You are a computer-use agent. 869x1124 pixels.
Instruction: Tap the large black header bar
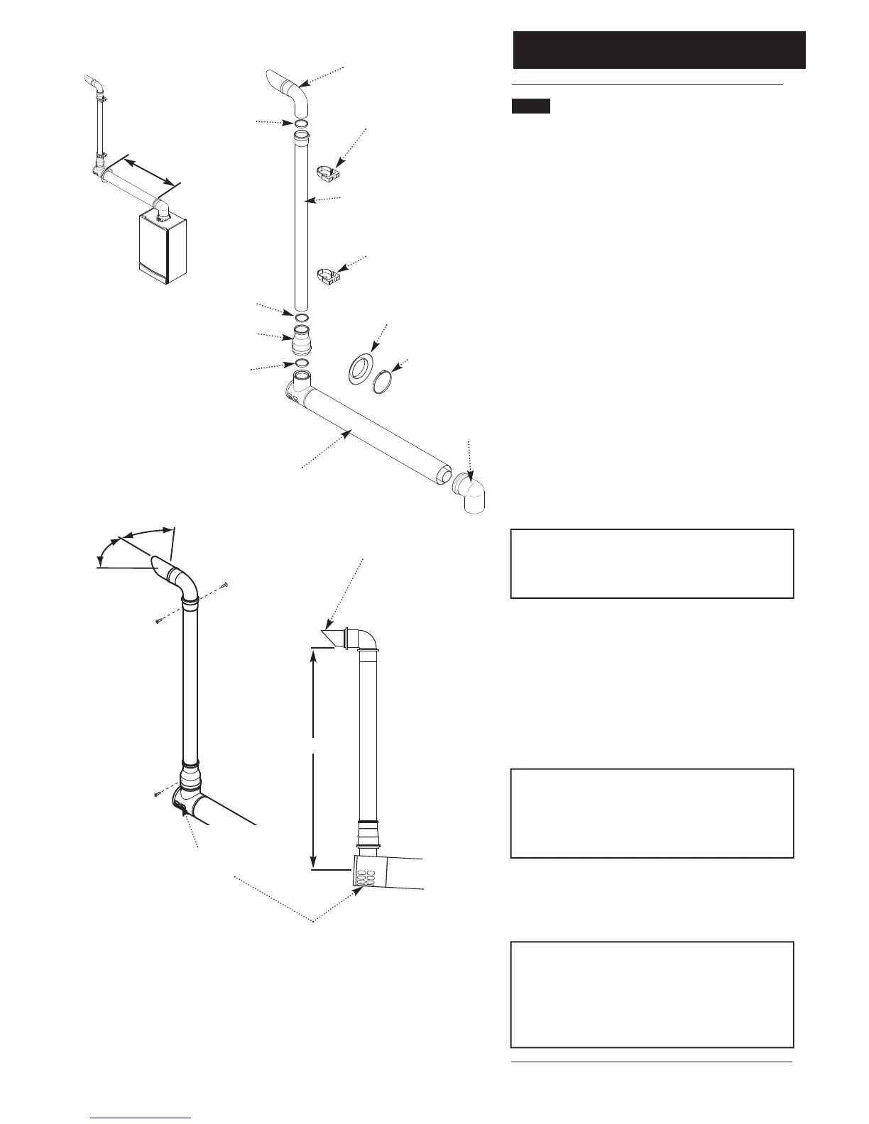point(659,50)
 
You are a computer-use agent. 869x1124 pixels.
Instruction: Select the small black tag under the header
point(531,106)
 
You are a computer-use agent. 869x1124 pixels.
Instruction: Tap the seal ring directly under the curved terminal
point(301,125)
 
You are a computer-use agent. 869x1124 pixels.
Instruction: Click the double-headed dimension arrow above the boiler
point(148,172)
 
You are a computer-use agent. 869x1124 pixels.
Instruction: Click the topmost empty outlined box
point(652,563)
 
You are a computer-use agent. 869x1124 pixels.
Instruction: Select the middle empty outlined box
point(652,813)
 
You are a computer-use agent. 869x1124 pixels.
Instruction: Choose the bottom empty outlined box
point(652,994)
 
